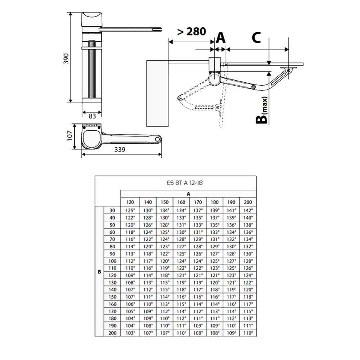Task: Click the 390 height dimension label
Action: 66,58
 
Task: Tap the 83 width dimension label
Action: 92,116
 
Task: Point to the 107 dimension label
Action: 71,136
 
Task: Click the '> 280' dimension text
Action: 191,32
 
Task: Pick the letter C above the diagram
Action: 256,37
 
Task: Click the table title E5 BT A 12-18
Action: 187,183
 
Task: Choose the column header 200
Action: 248,202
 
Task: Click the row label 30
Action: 112,210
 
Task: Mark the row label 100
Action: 112,261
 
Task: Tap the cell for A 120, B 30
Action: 130,210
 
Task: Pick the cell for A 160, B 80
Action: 181,247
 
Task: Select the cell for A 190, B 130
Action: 231,283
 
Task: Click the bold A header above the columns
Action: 188,193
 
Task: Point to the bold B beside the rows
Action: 99,272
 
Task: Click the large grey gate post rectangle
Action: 157,93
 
